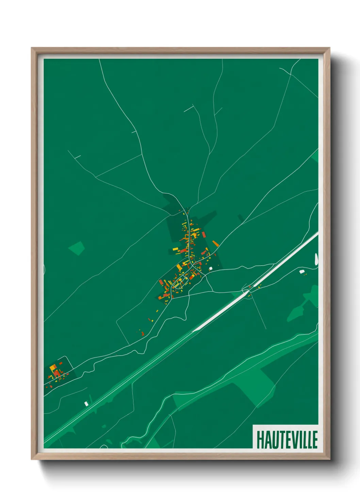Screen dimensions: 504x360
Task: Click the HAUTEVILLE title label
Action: [287, 440]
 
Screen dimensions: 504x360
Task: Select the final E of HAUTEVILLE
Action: [315, 440]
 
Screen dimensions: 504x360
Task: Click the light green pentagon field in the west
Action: [77, 248]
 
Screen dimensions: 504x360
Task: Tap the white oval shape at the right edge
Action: [316, 259]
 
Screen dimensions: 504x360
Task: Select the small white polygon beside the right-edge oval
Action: [301, 271]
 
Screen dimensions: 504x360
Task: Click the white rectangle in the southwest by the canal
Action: [86, 404]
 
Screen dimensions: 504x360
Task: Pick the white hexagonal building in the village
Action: [211, 268]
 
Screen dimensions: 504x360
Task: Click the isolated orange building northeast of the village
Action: [215, 243]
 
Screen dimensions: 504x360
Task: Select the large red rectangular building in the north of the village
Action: [204, 234]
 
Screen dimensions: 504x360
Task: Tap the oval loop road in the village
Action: [180, 283]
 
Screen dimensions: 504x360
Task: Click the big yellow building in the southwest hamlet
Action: [53, 368]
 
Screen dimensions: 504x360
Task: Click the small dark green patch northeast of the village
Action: [241, 218]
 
